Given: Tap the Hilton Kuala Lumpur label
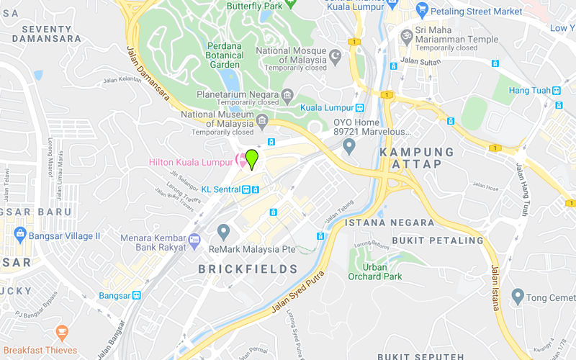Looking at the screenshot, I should click(x=190, y=163).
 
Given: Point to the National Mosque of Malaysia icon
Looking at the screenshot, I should click(x=334, y=55).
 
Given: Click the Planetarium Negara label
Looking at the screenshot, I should click(x=239, y=95).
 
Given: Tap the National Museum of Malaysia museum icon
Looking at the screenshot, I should click(x=262, y=119).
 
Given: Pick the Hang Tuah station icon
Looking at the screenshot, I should click(x=556, y=91).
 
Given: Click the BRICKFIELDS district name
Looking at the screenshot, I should click(x=248, y=269).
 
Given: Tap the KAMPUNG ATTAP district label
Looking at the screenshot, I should click(x=417, y=158).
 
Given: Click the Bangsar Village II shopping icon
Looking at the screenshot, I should click(x=19, y=234).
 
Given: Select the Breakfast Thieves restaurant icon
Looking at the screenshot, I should click(x=62, y=332).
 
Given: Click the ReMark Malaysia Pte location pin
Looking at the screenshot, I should click(x=223, y=232).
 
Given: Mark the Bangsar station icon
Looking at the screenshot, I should click(x=135, y=295).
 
